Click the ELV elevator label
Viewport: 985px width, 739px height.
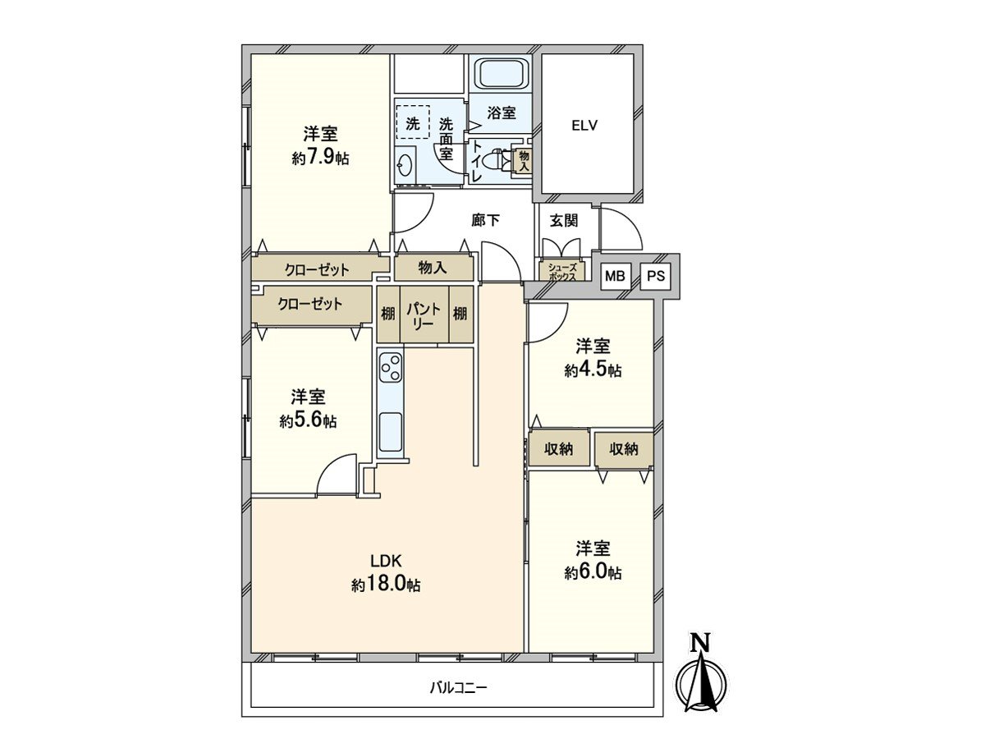tap(584, 125)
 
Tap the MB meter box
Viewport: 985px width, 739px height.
tap(615, 276)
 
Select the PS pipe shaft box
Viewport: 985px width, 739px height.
tap(656, 276)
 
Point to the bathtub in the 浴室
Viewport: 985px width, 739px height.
tap(502, 76)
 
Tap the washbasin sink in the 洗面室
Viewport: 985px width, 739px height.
tap(405, 167)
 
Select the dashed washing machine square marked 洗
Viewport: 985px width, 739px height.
tap(413, 122)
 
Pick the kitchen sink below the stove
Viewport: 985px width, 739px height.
tap(391, 433)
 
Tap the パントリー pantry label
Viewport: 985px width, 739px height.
tap(424, 317)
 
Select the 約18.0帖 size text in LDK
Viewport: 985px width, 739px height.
tap(386, 585)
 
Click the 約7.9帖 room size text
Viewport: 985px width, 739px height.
tap(320, 158)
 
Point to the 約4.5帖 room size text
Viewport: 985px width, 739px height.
tap(593, 370)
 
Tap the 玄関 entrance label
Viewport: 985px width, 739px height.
tap(564, 220)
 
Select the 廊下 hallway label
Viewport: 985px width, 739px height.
tap(486, 220)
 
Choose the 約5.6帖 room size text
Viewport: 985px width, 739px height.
tap(309, 421)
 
